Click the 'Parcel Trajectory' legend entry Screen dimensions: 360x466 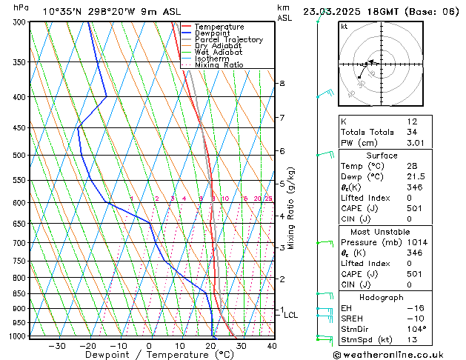tap(228, 39)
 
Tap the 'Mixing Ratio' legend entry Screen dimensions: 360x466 tap(219, 65)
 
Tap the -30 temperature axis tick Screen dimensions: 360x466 tap(57, 346)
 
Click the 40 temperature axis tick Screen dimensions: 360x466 tap(272, 346)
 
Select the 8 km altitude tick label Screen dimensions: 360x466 tap(282, 84)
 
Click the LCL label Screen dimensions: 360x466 tap(291, 315)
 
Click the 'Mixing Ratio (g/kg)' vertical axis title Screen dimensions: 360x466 tap(291, 208)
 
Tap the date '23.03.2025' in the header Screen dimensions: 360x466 tap(331, 11)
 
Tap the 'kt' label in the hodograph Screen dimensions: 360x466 tap(344, 26)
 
